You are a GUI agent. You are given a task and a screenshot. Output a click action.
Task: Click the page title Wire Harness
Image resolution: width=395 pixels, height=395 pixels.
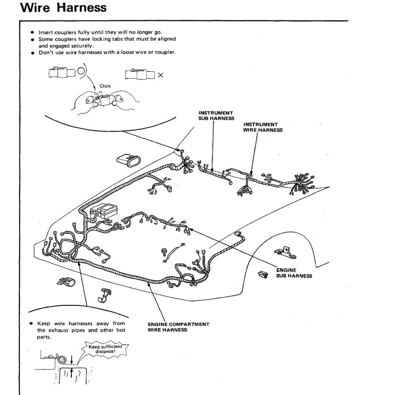point(63,8)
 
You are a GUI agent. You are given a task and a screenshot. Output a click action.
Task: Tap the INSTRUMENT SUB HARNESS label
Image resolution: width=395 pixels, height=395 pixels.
point(216,116)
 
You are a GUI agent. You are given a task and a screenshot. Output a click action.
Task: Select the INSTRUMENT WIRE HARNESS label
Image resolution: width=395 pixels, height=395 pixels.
point(262,127)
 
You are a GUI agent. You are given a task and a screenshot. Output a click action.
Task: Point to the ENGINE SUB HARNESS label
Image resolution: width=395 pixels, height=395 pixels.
point(293,273)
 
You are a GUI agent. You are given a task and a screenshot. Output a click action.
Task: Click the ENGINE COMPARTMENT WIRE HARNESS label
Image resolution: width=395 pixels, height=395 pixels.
point(178,327)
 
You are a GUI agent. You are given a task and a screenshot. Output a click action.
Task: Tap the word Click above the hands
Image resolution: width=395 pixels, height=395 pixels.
point(105,86)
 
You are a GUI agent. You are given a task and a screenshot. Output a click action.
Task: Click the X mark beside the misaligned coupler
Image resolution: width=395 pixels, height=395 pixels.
point(160,75)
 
